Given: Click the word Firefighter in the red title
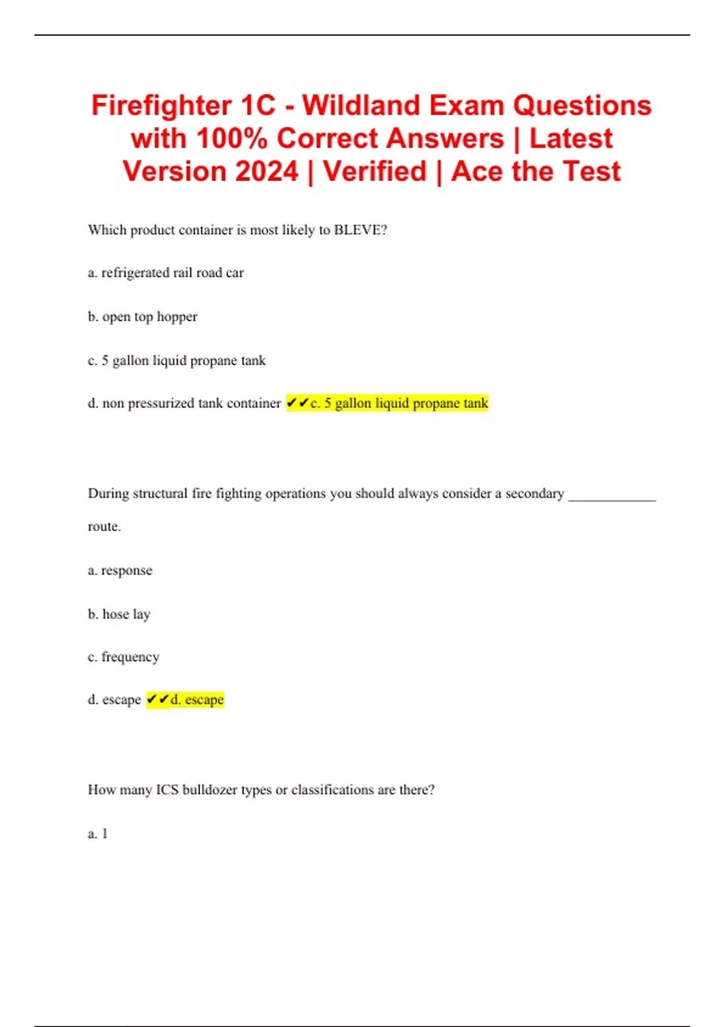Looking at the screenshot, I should [161, 106].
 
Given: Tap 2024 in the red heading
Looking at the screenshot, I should [264, 172].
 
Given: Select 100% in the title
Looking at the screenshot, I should [231, 139].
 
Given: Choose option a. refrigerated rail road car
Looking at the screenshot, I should [166, 273].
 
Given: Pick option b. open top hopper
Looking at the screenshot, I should [143, 317].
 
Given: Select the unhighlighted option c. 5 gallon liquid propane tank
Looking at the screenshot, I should [176, 361].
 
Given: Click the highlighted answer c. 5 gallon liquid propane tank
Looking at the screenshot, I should [399, 404].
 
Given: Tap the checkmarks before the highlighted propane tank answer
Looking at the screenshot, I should [298, 403].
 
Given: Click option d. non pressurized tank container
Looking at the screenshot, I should [184, 404].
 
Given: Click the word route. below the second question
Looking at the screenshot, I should [105, 526].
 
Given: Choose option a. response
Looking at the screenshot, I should [120, 570].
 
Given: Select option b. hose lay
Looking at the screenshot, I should [119, 614].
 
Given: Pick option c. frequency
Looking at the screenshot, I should [123, 657].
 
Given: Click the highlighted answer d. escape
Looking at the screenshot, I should [197, 700].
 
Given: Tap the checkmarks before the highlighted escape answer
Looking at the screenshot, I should [158, 700].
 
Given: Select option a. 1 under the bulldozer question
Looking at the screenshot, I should [98, 834].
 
